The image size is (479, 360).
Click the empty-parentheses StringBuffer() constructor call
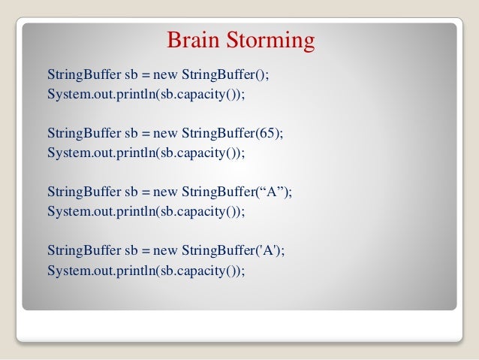(x=230, y=76)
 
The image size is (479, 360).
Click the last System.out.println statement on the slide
(x=146, y=269)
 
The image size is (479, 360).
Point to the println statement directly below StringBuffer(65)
(x=146, y=153)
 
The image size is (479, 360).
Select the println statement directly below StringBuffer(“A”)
(x=146, y=211)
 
